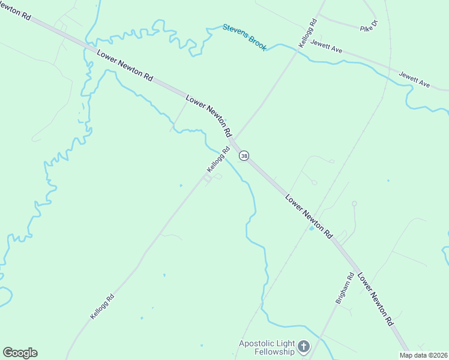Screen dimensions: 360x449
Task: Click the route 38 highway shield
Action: click(244, 156)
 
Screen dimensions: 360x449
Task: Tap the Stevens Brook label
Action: click(244, 37)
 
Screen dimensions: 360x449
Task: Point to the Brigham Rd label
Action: click(344, 287)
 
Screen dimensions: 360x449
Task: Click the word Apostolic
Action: click(258, 344)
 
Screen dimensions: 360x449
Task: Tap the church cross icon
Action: click(304, 347)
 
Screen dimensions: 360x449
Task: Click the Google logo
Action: click(20, 353)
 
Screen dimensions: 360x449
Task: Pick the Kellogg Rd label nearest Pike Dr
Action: click(307, 34)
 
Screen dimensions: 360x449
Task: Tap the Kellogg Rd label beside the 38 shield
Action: click(218, 159)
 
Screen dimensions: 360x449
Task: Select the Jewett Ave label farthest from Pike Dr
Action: click(415, 79)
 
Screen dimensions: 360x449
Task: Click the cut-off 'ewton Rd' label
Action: click(15, 10)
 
